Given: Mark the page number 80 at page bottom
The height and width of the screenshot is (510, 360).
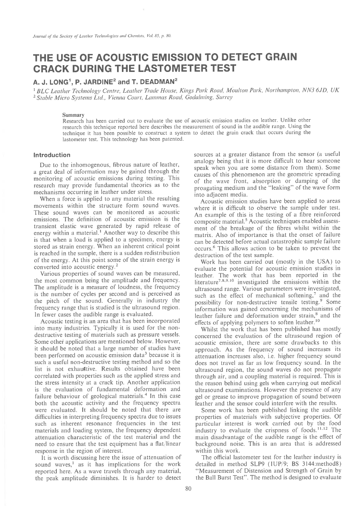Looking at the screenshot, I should [189, 488].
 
